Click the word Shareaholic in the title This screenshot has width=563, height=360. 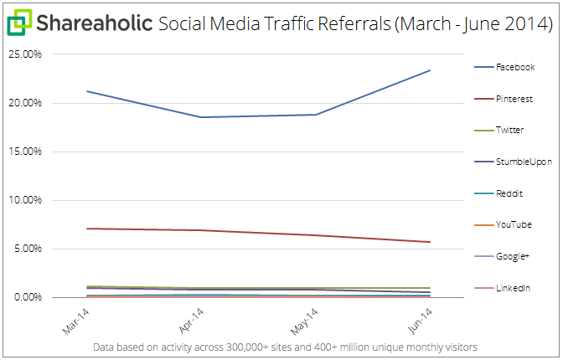93,23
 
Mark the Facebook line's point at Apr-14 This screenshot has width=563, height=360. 199,117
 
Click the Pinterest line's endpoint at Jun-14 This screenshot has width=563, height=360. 431,242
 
